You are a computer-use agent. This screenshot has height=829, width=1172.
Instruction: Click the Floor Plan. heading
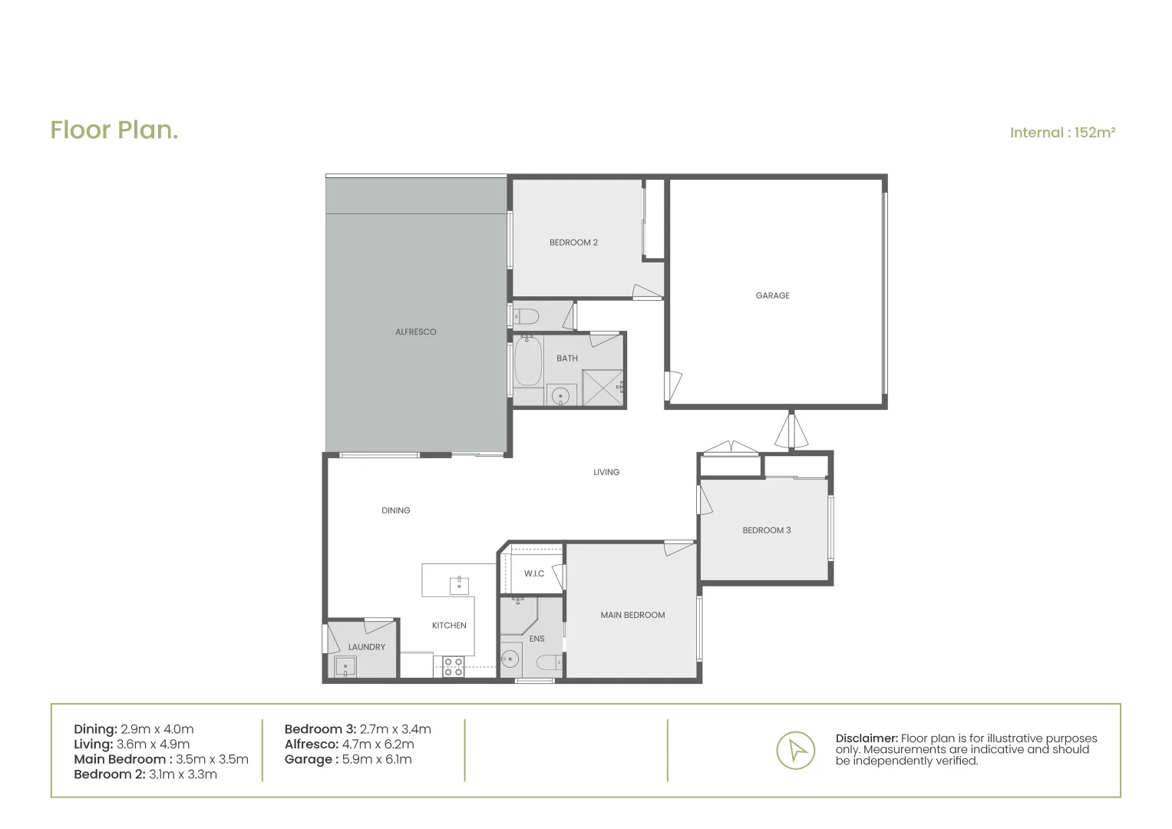pyautogui.click(x=114, y=130)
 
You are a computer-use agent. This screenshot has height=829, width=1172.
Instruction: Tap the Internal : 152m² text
pyautogui.click(x=1061, y=133)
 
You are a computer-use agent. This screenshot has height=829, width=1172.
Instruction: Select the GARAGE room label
pyautogui.click(x=772, y=296)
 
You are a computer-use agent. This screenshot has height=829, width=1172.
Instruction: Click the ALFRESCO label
pyautogui.click(x=415, y=332)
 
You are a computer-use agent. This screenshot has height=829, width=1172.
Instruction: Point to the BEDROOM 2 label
pyautogui.click(x=573, y=243)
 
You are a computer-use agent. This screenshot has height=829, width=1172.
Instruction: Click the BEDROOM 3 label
pyautogui.click(x=766, y=530)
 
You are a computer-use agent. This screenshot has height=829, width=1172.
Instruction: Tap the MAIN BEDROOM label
pyautogui.click(x=632, y=615)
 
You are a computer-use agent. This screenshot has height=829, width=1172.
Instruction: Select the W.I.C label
pyautogui.click(x=534, y=574)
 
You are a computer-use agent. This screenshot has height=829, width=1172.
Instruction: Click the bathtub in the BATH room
pyautogui.click(x=527, y=361)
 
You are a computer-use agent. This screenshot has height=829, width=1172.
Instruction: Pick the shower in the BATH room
pyautogui.click(x=603, y=388)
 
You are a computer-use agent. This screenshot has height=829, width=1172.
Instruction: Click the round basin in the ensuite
pyautogui.click(x=510, y=659)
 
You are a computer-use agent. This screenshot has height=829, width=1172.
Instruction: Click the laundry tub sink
pyautogui.click(x=345, y=666)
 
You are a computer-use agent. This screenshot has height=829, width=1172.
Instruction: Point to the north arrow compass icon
pyautogui.click(x=795, y=750)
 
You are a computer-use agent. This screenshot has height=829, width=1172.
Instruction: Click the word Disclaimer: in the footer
pyautogui.click(x=867, y=738)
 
